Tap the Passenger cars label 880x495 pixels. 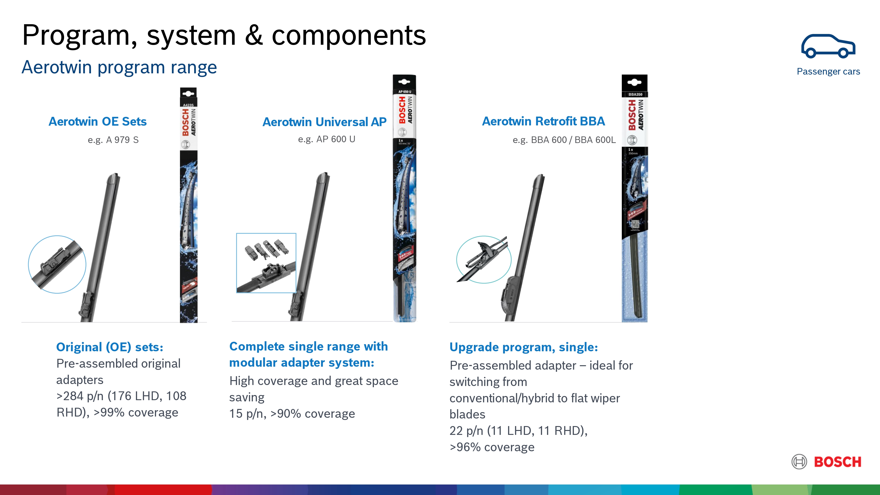coord(828,71)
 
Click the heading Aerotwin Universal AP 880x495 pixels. coord(324,122)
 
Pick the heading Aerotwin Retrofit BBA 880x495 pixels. coord(543,121)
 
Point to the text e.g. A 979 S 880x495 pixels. coord(113,140)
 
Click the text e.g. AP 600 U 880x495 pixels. coord(327,139)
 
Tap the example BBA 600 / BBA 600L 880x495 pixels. coord(564,140)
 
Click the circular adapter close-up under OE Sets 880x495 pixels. coord(57,264)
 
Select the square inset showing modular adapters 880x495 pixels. coord(266,263)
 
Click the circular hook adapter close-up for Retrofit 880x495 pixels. coord(484,260)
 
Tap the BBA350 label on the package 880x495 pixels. coord(635,94)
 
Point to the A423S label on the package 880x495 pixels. coord(188,105)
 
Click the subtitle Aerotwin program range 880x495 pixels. coord(119,67)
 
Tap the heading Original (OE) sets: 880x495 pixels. coord(110,347)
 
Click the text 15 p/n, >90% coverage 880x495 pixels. coord(292,414)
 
